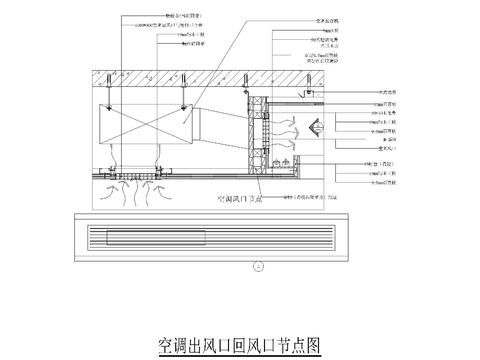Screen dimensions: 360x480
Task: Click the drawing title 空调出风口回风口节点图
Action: (239, 345)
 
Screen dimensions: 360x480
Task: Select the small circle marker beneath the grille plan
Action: (259, 266)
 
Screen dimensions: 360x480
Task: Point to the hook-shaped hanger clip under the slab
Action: (310, 93)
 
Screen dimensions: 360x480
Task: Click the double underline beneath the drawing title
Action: (239, 356)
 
